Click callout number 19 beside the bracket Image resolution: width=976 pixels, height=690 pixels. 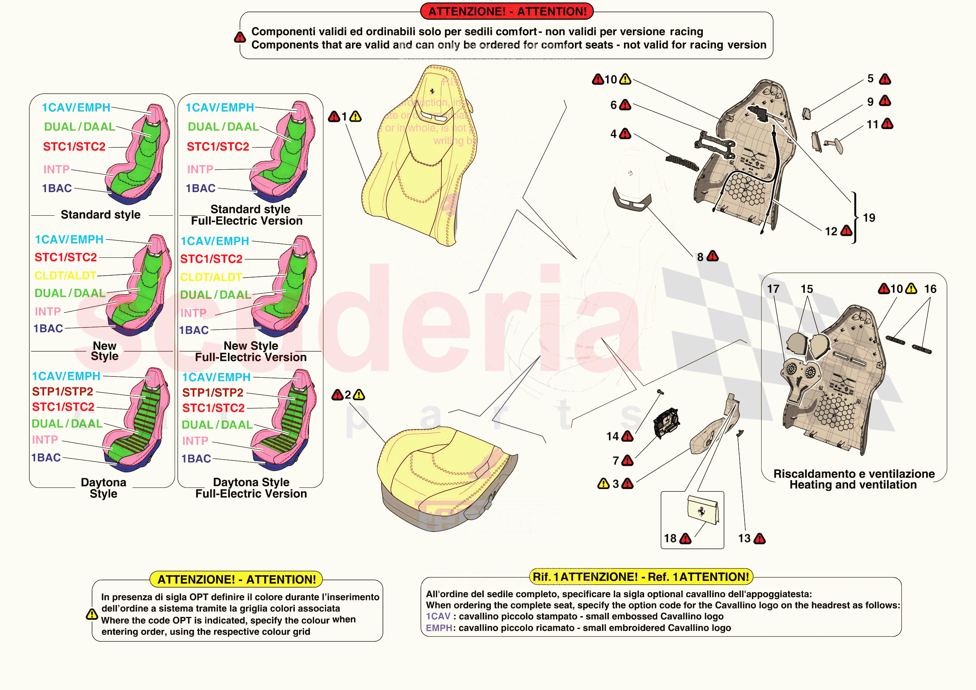coord(869,218)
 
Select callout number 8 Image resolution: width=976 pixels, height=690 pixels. coord(700,257)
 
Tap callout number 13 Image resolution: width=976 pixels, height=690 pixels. coord(744,538)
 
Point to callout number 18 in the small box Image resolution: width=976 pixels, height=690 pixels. coord(670,538)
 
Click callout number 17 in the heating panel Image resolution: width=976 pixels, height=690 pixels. coord(773,289)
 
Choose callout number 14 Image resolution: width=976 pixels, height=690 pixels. coord(612,436)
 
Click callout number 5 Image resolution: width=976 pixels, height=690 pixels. coord(870,79)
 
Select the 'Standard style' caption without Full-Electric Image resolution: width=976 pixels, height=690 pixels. coord(100,215)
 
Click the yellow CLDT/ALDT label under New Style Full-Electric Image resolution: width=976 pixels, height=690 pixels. coord(211,278)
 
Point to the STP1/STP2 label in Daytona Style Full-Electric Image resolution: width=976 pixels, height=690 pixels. coord(213,393)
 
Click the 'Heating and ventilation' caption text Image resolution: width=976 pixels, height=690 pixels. coord(853,485)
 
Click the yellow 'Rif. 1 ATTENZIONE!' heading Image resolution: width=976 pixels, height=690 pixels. coord(641,577)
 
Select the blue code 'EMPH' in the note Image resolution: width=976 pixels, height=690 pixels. coord(439,628)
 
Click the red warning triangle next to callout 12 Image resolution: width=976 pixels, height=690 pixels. coord(846,231)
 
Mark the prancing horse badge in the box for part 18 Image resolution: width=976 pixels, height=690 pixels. coord(701,511)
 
